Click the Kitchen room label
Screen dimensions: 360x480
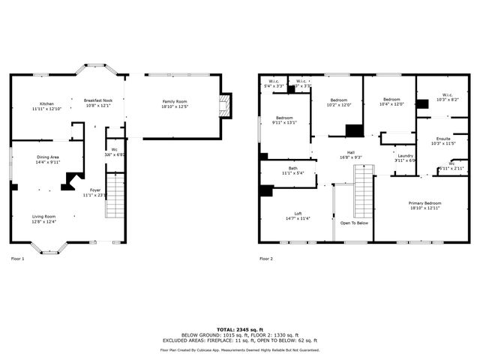pyautogui.click(x=46, y=104)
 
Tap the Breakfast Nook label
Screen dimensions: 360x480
pyautogui.click(x=97, y=100)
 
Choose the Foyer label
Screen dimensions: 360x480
pyautogui.click(x=94, y=190)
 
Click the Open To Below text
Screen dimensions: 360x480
pyautogui.click(x=353, y=223)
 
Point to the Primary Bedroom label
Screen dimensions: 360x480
pyautogui.click(x=424, y=203)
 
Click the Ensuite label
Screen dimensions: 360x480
pyautogui.click(x=443, y=139)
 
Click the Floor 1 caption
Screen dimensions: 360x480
pyautogui.click(x=17, y=259)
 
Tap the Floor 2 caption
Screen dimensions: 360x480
pyautogui.click(x=266, y=259)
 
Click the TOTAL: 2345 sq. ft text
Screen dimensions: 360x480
pyautogui.click(x=239, y=329)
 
